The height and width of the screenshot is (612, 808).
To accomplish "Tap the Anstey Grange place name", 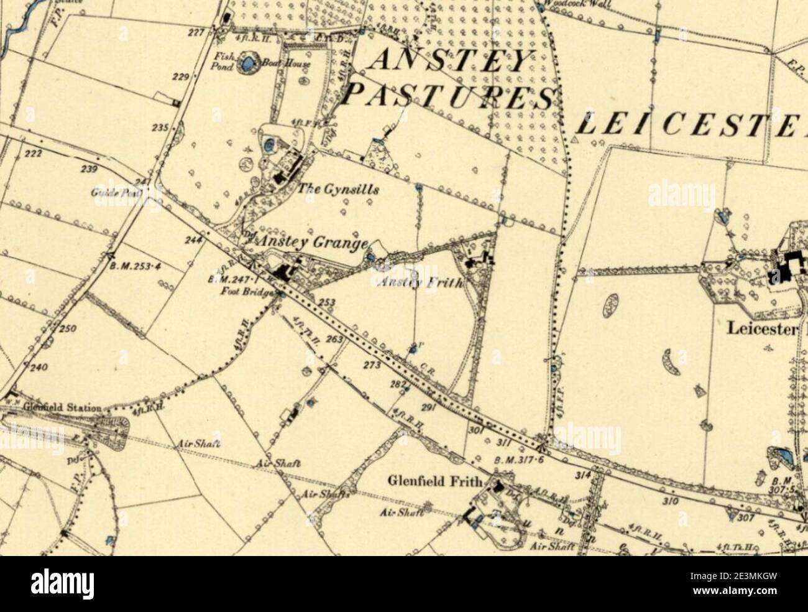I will pyautogui.click(x=314, y=242).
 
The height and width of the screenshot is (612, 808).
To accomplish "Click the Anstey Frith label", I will pyautogui.click(x=420, y=283).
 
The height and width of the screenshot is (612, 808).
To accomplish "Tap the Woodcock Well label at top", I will pyautogui.click(x=578, y=4).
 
